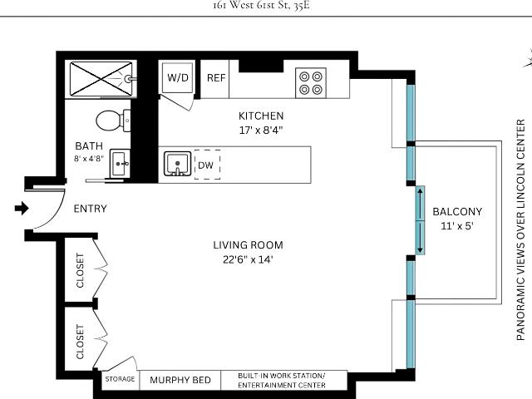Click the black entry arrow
click(x=22, y=208)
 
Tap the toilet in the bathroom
click(x=113, y=121)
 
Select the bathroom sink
click(x=120, y=164)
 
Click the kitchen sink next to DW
click(x=177, y=164)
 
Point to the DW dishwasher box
click(x=207, y=165)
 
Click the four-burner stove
click(x=311, y=83)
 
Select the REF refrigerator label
click(x=216, y=78)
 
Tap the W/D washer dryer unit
click(x=178, y=77)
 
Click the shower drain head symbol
click(x=129, y=79)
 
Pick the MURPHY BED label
click(x=180, y=380)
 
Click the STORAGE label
click(x=120, y=379)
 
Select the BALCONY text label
click(x=457, y=212)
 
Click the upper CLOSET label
click(x=80, y=270)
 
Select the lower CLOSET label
click(x=80, y=342)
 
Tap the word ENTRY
click(x=91, y=209)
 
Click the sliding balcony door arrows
click(x=420, y=220)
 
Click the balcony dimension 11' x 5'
click(x=457, y=226)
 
